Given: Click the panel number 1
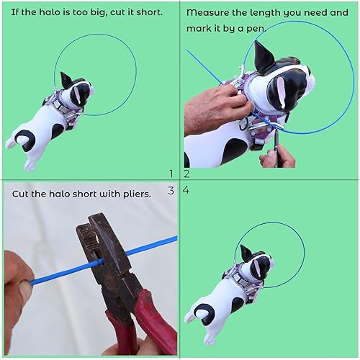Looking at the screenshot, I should coord(171,173).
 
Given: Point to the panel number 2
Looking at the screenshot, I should coord(186,173).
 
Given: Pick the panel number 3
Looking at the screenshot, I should coord(171,190).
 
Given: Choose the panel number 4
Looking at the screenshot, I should coord(186,190).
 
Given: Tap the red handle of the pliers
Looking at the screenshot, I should coord(155,328).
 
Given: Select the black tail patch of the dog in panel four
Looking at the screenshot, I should coord(204,311).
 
